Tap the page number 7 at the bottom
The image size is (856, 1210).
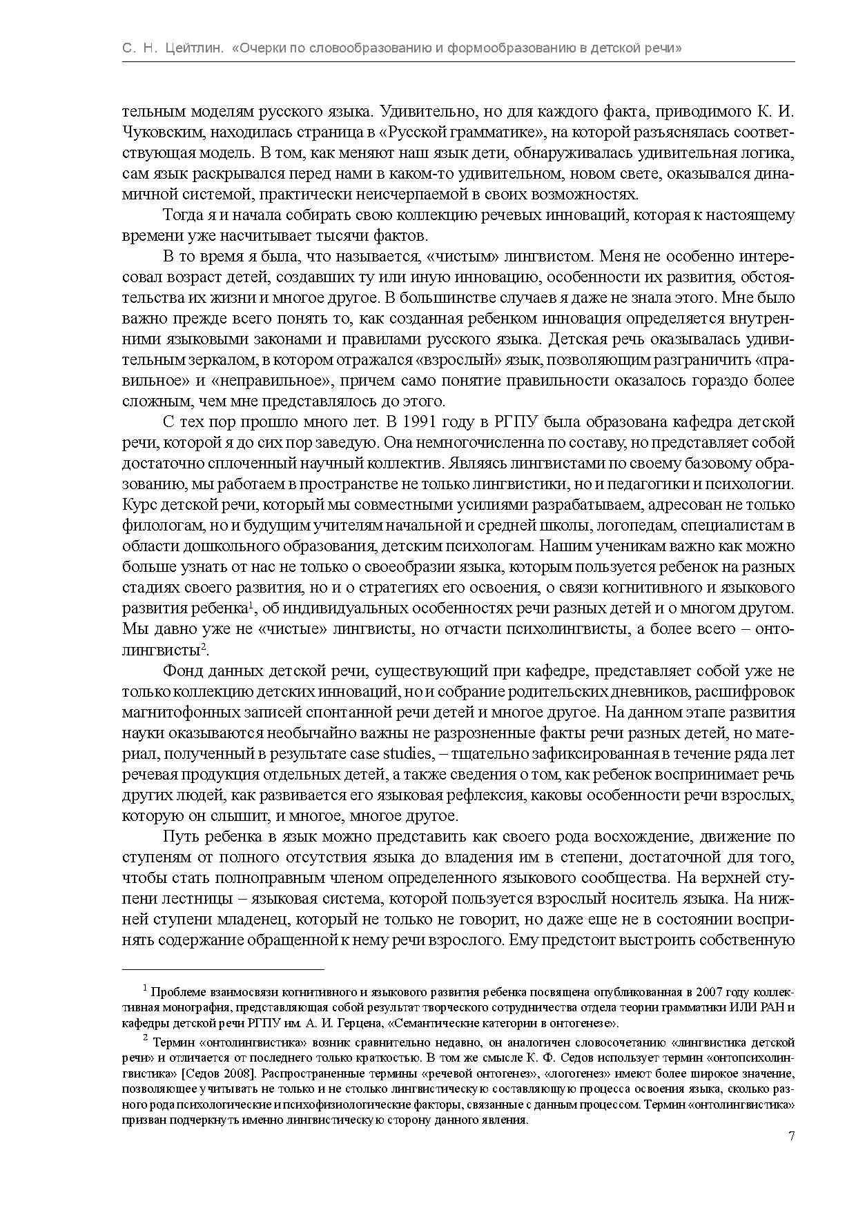791,1136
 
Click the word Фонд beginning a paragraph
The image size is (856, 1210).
179,671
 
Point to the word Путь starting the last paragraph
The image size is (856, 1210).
179,836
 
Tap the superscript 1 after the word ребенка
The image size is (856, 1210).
253,604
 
